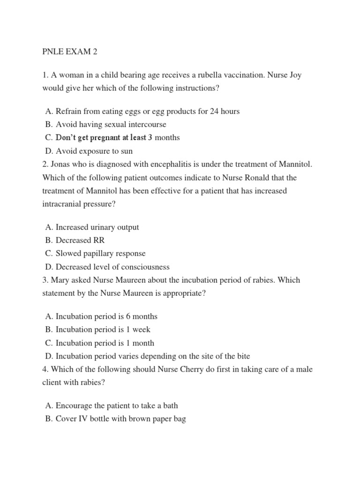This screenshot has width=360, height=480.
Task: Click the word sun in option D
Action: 126,151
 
